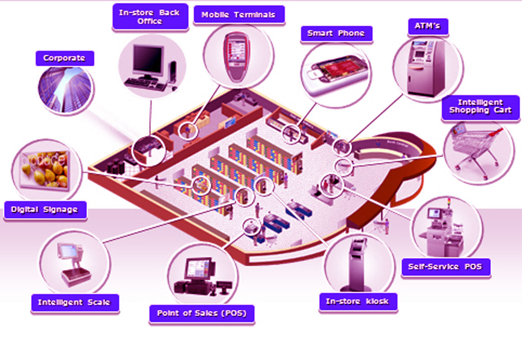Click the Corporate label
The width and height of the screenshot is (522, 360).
coord(64,58)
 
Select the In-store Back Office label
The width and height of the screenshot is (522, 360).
coord(149,17)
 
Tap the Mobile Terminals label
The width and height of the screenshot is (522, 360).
coord(238,14)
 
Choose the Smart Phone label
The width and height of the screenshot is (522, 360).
coord(336,33)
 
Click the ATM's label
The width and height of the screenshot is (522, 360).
coord(424,26)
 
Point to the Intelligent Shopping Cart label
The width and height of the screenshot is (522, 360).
coord(480,106)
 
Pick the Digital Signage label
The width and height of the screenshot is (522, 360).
coord(44,210)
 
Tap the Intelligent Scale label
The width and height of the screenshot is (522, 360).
coord(74,302)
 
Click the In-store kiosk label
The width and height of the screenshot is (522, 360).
coord(357,301)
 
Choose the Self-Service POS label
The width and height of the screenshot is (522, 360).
coord(445,267)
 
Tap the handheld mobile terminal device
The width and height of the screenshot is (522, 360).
coord(237,56)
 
